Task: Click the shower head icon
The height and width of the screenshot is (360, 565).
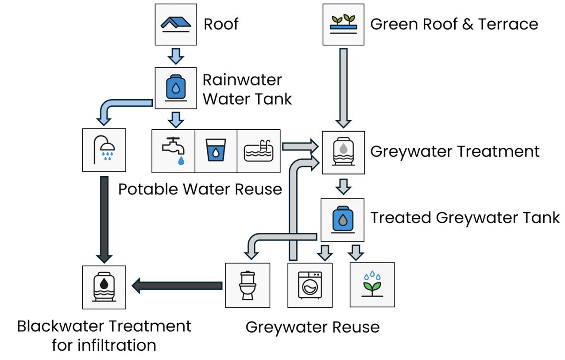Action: click(104, 150)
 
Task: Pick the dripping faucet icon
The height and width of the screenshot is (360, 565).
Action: click(173, 151)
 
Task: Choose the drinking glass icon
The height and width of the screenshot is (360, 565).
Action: click(216, 151)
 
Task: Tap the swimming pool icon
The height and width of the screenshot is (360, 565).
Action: click(259, 151)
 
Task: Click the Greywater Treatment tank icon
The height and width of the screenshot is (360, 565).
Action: click(343, 152)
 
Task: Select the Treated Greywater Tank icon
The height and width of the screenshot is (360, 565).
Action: click(343, 219)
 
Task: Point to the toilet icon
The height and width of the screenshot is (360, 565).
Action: click(247, 285)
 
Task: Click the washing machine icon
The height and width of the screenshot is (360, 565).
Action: click(310, 285)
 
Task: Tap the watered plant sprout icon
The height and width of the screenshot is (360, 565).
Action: click(372, 285)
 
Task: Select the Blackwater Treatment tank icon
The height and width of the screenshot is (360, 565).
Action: click(104, 287)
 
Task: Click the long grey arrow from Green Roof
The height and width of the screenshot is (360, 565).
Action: click(343, 86)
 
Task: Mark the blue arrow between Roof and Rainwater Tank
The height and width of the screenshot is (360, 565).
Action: click(176, 56)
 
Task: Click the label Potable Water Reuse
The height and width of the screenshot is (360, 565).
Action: click(200, 189)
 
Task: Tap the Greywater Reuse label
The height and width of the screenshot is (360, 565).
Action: click(313, 327)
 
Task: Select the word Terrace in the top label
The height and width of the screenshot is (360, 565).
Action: click(508, 24)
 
